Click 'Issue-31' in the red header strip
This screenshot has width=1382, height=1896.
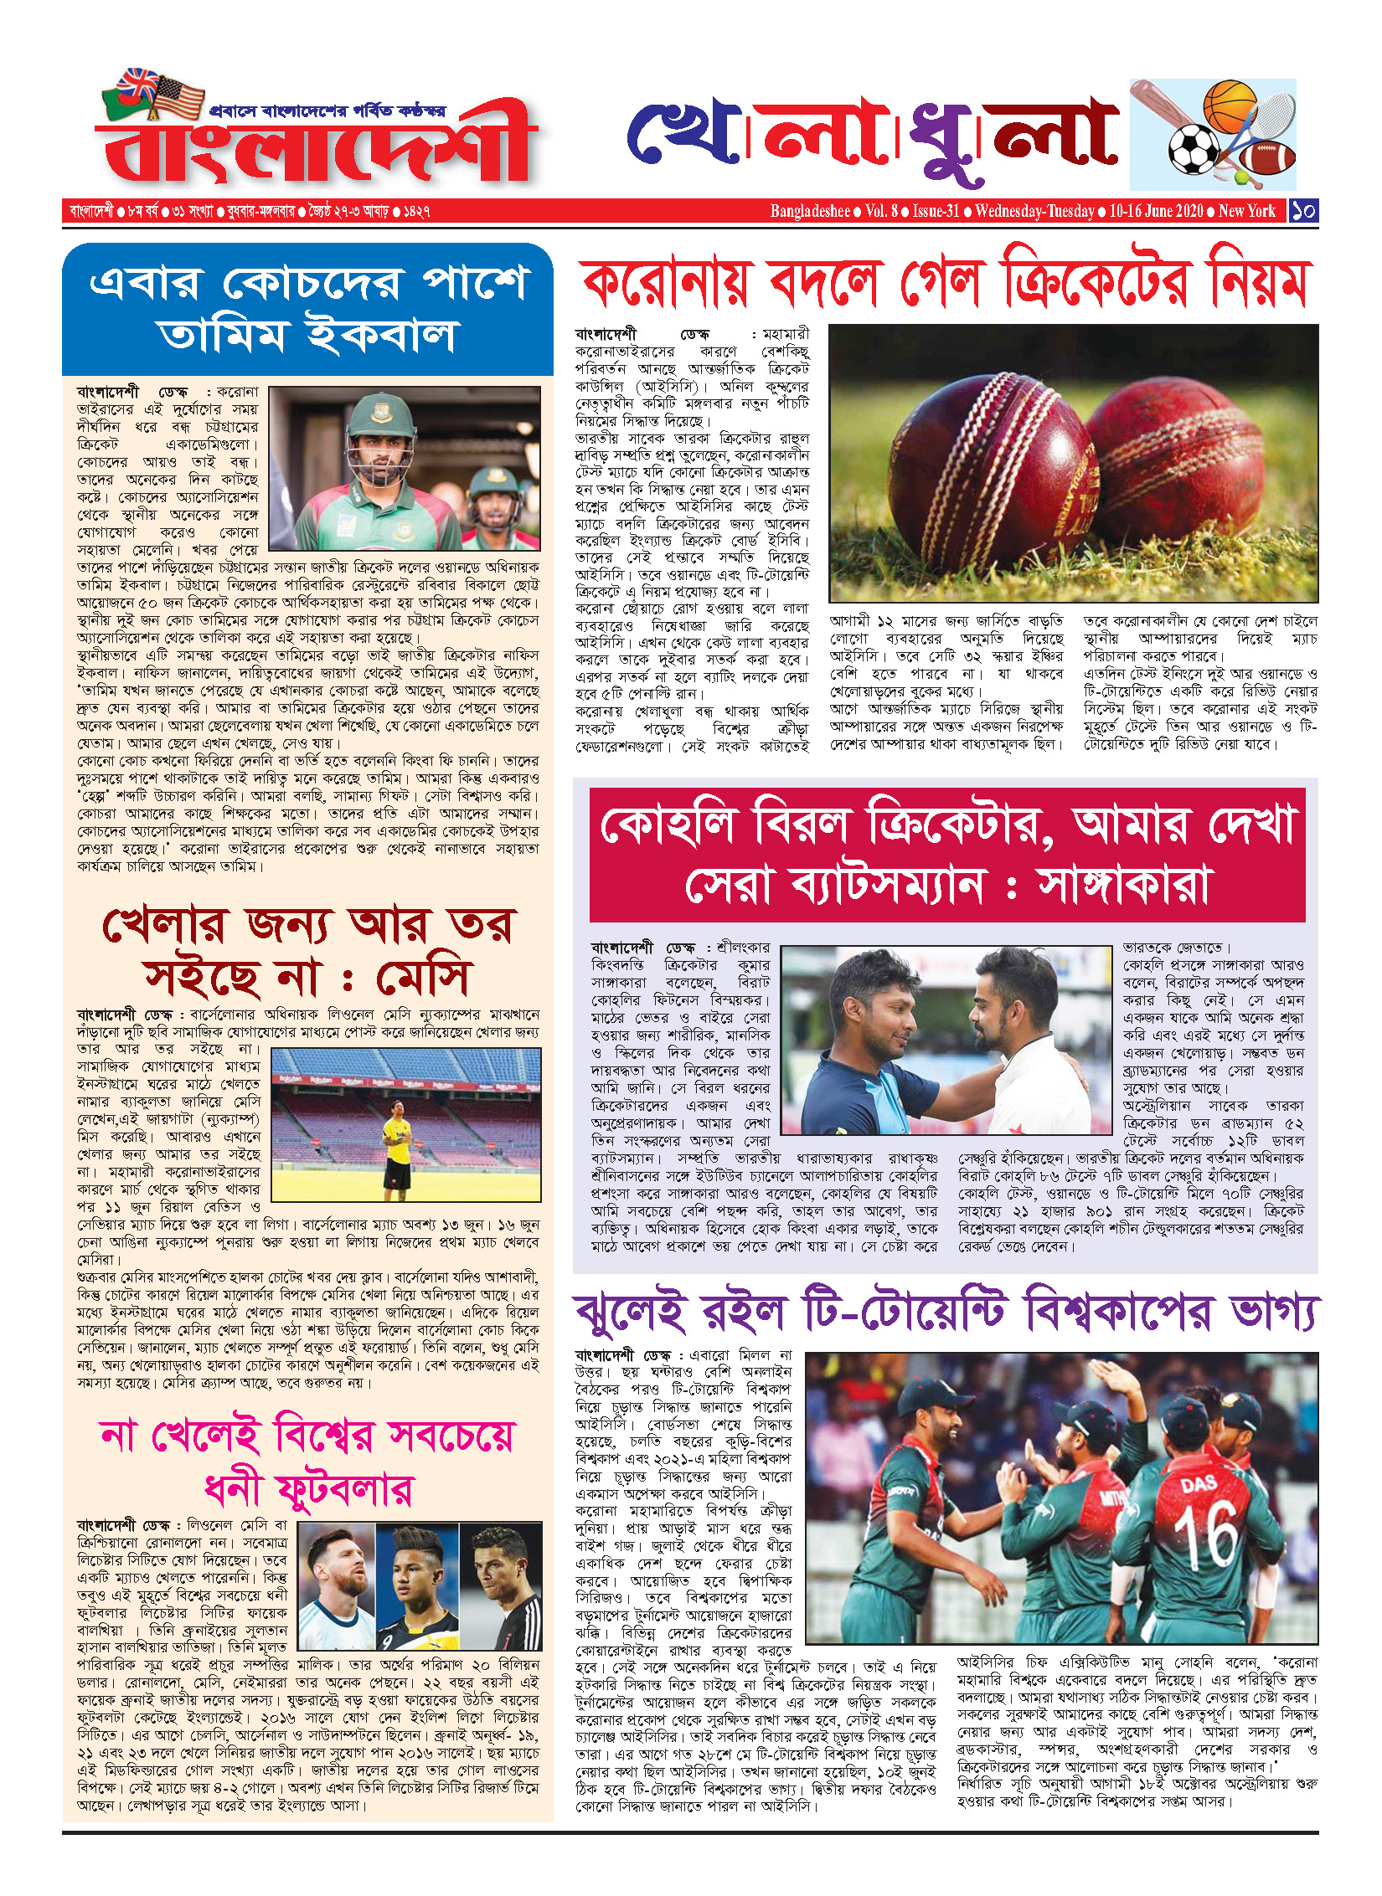click(936, 211)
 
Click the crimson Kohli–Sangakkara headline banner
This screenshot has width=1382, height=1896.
click(946, 854)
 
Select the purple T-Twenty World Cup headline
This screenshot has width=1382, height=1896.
click(946, 1313)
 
